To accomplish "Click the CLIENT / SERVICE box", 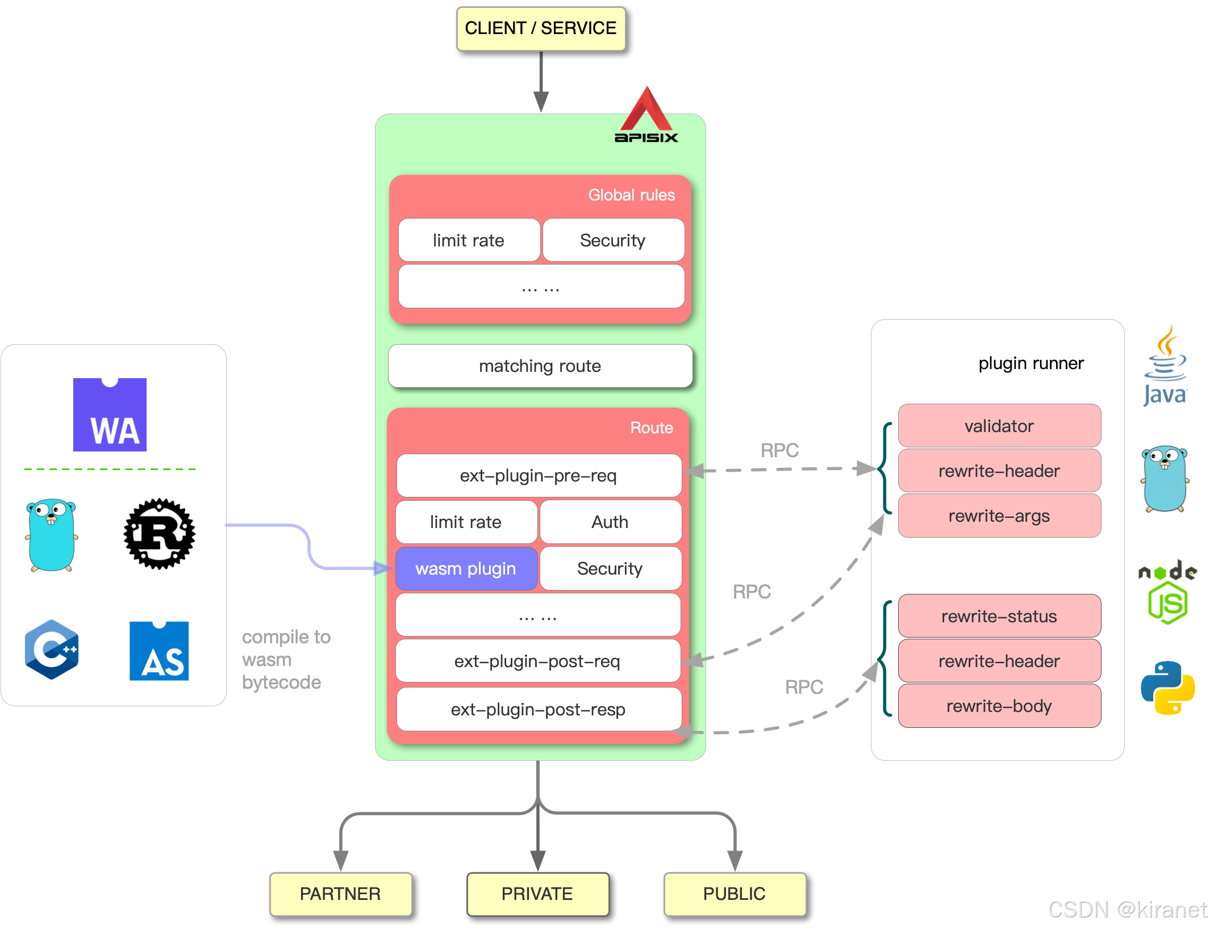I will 540,28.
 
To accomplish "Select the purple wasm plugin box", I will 466,568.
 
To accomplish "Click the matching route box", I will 540,366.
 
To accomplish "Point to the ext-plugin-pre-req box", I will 539,475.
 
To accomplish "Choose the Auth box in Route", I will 610,522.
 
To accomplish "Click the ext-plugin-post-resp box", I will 539,709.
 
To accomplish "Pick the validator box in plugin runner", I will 999,426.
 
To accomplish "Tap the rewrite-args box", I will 999,516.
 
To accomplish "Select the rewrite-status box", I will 999,616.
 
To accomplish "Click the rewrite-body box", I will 999,706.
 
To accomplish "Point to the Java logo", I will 1165,366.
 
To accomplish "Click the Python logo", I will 1167,688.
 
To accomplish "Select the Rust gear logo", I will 160,534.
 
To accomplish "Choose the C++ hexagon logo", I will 52,650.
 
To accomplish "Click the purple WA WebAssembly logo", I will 110,414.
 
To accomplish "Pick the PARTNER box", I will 340,894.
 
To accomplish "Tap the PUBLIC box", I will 735,894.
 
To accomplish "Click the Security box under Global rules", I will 613,240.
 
